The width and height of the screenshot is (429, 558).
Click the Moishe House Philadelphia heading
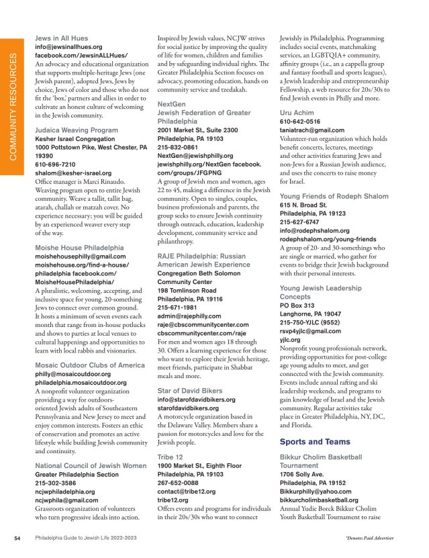point(79,248)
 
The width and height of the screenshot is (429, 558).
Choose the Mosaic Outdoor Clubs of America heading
point(89,365)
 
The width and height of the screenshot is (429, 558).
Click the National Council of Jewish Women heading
point(90,465)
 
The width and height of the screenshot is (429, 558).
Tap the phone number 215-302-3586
point(57,483)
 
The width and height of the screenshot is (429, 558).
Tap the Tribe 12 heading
point(171,457)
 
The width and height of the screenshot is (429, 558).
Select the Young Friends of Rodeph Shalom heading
point(334,196)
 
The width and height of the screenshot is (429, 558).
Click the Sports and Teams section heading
point(314,441)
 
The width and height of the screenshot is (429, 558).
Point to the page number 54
point(18,538)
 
